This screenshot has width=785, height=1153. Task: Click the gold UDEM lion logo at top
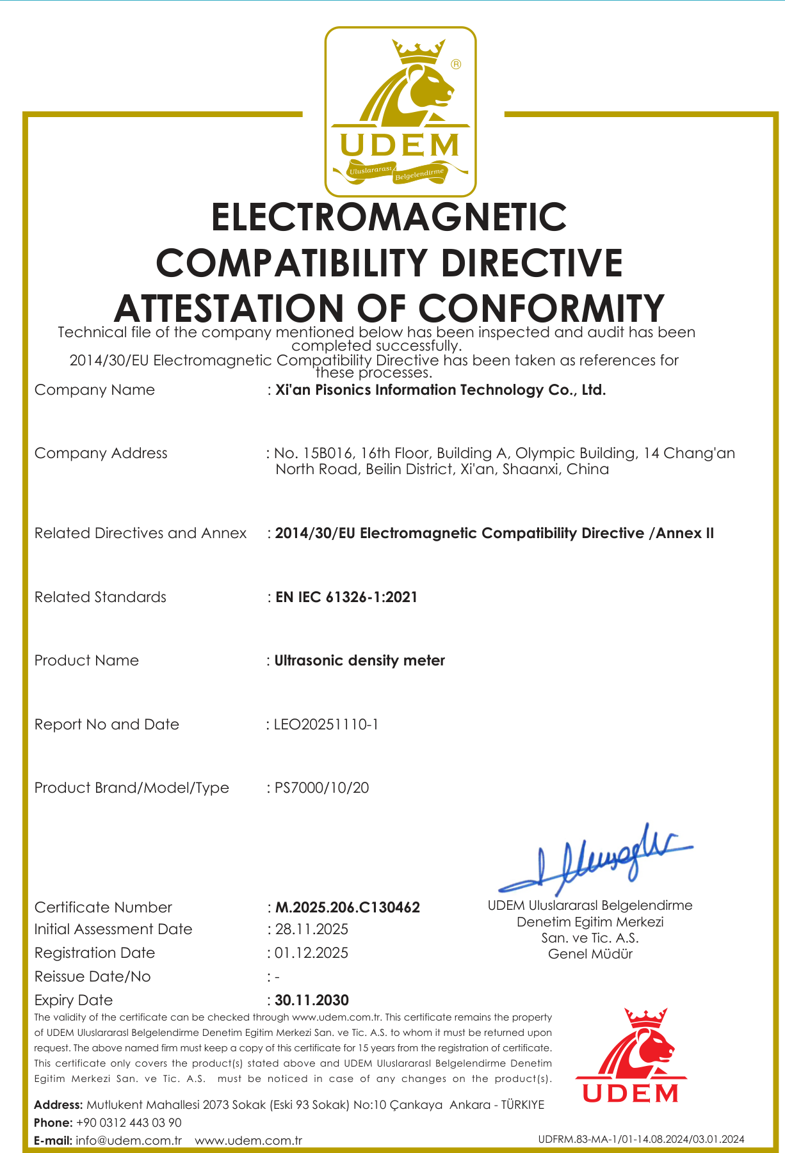400,111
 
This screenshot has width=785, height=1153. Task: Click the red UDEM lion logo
630,1056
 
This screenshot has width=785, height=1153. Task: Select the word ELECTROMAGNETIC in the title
389,217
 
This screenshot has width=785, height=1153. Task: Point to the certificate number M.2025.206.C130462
348,907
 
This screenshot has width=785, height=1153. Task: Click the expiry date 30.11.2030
312,1000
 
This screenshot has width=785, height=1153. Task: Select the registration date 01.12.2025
311,953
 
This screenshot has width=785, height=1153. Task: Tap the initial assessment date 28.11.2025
312,929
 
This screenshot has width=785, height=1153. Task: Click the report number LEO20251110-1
326,724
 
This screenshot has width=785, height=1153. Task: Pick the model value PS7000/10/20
322,788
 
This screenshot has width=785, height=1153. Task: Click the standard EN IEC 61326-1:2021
346,597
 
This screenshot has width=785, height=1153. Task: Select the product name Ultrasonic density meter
360,660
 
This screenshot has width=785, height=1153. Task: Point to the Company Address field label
101,453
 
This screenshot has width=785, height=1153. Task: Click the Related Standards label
100,597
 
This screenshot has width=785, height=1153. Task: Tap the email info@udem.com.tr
129,1140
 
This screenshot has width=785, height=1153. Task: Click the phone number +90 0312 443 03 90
129,1122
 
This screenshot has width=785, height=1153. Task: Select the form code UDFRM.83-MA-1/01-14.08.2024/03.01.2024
641,1139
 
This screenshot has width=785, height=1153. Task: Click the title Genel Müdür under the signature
590,954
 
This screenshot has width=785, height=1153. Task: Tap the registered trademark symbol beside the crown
456,64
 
